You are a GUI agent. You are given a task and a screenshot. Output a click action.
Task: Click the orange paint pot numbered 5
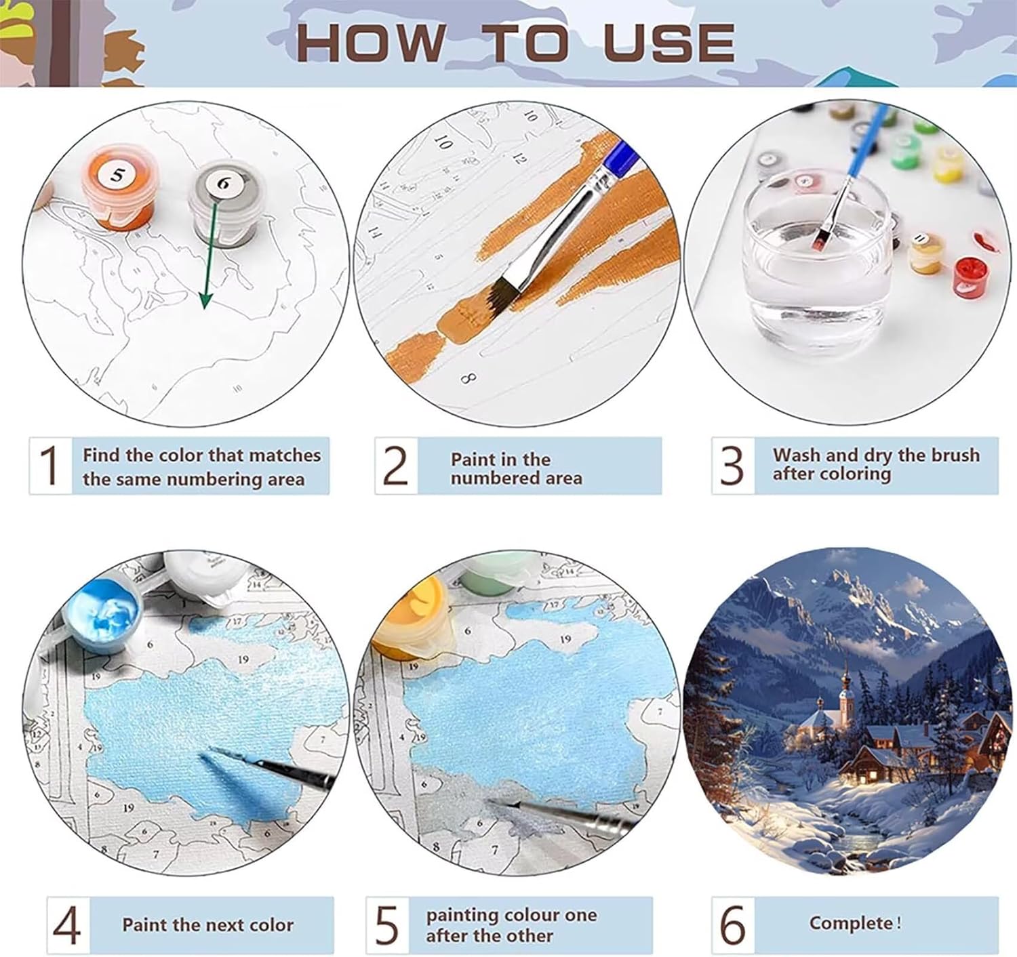[x=119, y=186]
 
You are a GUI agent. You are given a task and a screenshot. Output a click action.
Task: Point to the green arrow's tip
[x=205, y=308]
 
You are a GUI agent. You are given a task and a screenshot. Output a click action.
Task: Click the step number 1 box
[x=49, y=465]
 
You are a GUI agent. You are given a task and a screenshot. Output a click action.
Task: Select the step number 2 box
[x=396, y=465]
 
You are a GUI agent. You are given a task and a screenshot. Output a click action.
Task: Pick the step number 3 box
[x=733, y=465]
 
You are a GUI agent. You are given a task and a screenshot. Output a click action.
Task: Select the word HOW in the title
[x=370, y=43]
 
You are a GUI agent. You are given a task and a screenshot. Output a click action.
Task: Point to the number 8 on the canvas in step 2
[x=468, y=380]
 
